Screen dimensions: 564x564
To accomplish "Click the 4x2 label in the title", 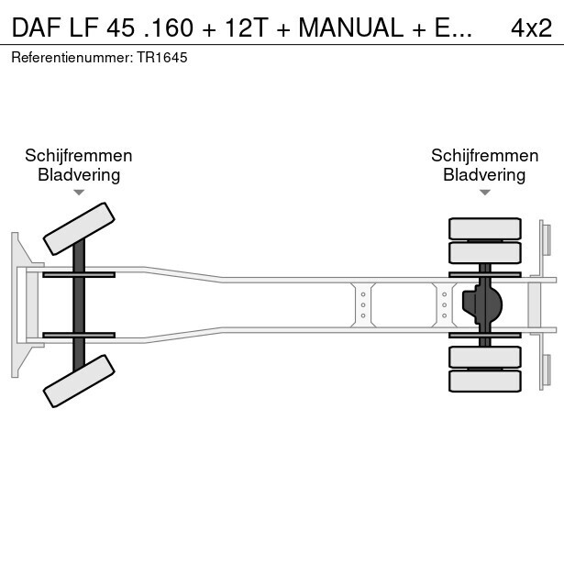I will (531, 28).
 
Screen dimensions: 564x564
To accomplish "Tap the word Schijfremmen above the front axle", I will (79, 155).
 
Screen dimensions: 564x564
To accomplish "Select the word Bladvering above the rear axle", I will (484, 174).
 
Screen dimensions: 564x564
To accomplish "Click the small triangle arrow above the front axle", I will (79, 193).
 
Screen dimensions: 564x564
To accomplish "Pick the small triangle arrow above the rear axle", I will (484, 193).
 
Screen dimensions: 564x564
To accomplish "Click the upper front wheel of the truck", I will (80, 228).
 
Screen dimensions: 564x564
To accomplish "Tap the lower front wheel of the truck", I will (80, 381).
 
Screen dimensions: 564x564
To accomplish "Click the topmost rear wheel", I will (484, 228).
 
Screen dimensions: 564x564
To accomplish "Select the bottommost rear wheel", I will (484, 381).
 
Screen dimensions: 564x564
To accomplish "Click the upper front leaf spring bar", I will (79, 274).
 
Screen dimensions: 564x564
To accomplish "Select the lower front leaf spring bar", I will (79, 335).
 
